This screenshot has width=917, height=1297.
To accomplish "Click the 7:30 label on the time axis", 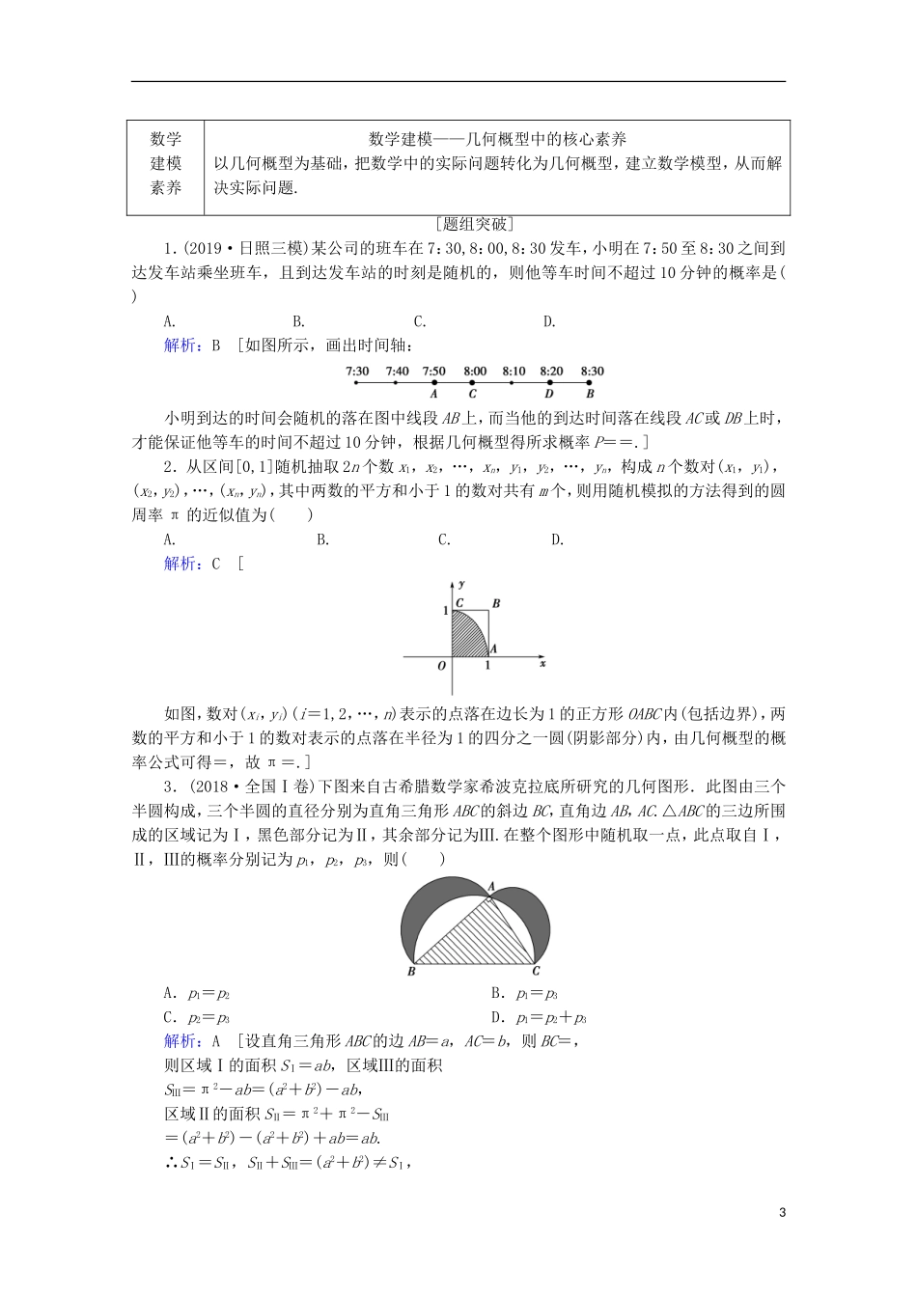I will (356, 371).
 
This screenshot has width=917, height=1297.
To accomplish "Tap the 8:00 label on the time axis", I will (474, 371).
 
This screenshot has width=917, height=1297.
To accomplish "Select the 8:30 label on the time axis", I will (592, 371).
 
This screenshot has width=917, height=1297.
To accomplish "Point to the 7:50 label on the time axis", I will (434, 371).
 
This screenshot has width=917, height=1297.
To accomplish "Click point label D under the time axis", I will (549, 394).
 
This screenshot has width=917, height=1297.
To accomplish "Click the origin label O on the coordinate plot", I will (442, 666).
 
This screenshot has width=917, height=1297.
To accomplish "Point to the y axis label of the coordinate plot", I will (463, 585).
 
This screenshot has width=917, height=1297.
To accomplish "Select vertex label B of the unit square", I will (496, 604).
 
